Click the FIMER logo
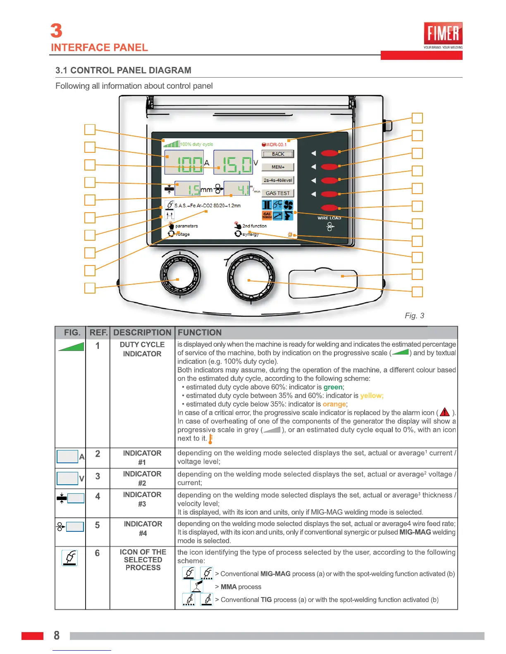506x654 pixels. click(x=443, y=33)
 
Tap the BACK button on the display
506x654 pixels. click(x=278, y=154)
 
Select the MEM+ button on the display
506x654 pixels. click(x=278, y=167)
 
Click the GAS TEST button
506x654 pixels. click(x=278, y=193)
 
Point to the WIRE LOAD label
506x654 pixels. click(x=329, y=218)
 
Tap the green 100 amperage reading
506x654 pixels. click(x=190, y=165)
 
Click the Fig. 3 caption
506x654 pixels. click(x=414, y=316)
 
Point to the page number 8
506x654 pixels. click(x=57, y=635)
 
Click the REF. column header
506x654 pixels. click(x=98, y=333)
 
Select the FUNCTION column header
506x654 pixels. click(x=200, y=333)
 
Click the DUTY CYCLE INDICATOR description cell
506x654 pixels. click(x=142, y=349)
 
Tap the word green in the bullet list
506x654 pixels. click(x=333, y=387)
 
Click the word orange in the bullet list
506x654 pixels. click(x=334, y=404)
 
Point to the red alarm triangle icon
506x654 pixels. click(x=445, y=412)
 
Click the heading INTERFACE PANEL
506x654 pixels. click(x=99, y=47)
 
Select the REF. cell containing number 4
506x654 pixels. click(x=98, y=497)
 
